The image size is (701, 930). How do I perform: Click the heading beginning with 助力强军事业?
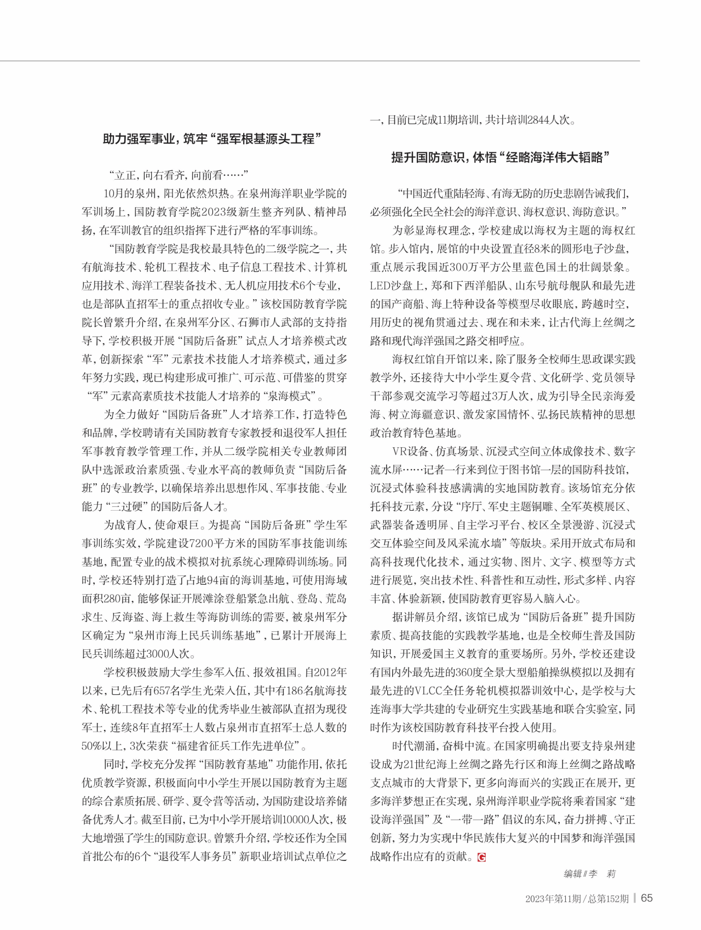click(x=212, y=139)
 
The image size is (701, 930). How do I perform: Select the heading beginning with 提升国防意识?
click(x=501, y=158)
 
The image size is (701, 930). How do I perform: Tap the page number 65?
click(x=647, y=898)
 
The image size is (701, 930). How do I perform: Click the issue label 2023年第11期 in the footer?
click(x=554, y=899)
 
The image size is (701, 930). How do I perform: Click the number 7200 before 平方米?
click(x=201, y=544)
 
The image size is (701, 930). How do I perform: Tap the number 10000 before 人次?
click(x=291, y=820)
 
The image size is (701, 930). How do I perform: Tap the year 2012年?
click(x=330, y=672)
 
